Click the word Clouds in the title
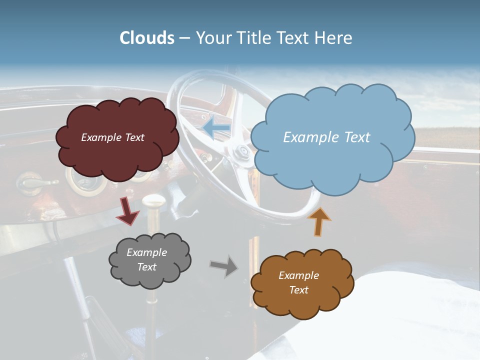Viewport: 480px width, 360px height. (x=147, y=38)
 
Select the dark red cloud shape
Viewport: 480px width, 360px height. (x=117, y=137)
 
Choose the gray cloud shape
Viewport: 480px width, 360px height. (x=149, y=260)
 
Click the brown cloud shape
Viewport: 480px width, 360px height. (x=302, y=282)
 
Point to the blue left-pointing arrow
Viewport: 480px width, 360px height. (x=216, y=128)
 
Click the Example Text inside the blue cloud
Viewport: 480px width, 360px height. (x=326, y=137)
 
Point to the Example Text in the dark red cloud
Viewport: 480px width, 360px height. (x=112, y=137)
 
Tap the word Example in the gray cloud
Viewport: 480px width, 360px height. (x=146, y=252)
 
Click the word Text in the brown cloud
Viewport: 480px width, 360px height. (x=298, y=290)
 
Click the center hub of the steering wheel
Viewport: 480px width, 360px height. (x=243, y=150)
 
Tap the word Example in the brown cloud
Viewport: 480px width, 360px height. (x=298, y=275)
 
